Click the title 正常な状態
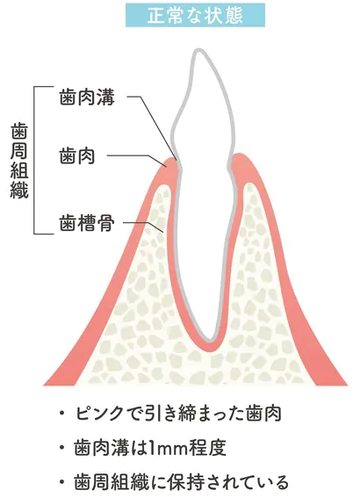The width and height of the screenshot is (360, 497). pos(195,15)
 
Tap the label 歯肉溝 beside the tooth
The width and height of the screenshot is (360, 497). pos(87,97)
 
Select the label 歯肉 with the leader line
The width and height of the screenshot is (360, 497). pos(77,155)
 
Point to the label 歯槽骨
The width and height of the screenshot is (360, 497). pos(87,223)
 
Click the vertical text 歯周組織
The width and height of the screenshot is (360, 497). pos(19,161)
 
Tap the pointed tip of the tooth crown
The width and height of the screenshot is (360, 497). pos(198,50)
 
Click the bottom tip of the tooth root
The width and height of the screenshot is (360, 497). pos(209,340)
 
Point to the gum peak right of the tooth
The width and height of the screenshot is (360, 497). pos(240,155)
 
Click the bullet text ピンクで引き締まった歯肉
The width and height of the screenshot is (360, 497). pos(178,414)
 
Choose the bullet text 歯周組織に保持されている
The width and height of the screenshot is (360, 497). pos(181,482)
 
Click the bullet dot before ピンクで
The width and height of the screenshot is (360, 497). pos(62,414)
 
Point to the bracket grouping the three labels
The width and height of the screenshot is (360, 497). pos(34,160)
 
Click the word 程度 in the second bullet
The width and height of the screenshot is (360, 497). pos(207,448)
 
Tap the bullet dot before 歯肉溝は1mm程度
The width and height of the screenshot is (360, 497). pos(62,448)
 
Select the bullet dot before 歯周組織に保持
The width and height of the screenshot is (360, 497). pos(62,482)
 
